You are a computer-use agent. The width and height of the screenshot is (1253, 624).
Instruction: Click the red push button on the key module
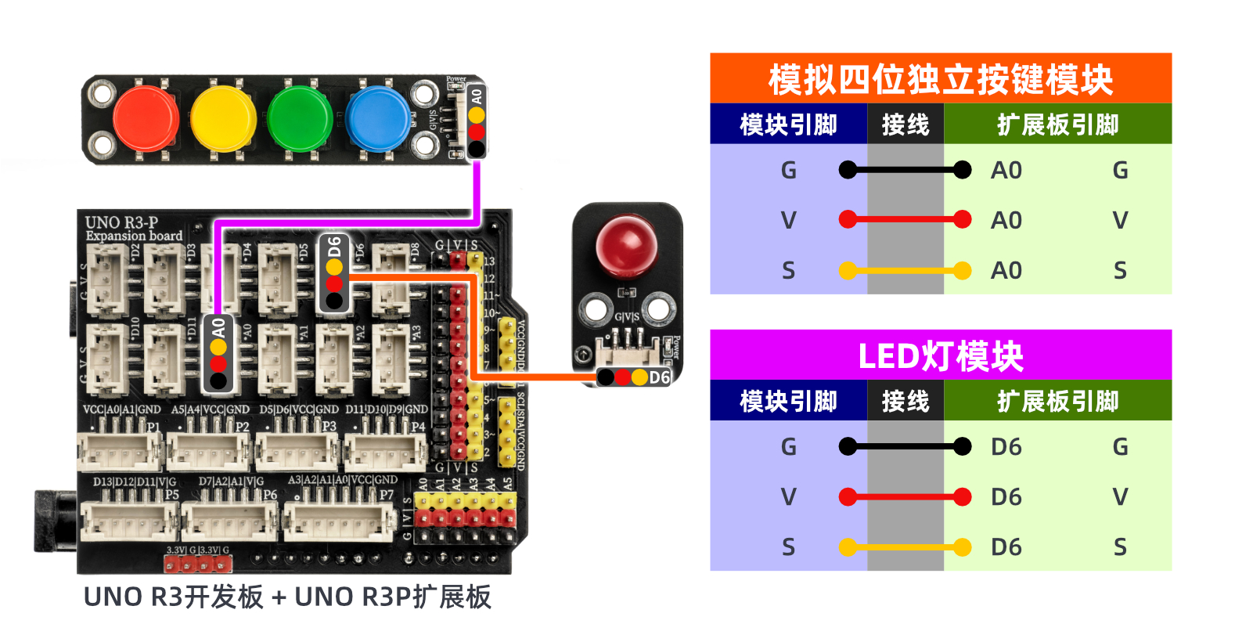[x=146, y=119]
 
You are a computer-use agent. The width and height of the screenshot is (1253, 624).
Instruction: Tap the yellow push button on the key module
[x=223, y=119]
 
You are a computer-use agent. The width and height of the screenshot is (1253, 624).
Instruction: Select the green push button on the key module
[x=300, y=119]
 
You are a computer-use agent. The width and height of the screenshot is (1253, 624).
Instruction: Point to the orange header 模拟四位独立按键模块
[x=940, y=79]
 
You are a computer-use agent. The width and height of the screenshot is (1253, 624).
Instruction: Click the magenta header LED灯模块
[x=940, y=356]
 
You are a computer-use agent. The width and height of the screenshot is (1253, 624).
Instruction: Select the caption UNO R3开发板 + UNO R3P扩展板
[x=287, y=597]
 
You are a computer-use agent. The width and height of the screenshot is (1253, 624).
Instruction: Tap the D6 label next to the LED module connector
[x=659, y=377]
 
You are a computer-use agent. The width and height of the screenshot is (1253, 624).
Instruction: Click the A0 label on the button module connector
[x=476, y=96]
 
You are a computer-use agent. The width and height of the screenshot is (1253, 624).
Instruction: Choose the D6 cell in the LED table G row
[x=1006, y=447]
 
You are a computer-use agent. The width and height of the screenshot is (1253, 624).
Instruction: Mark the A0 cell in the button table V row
[x=1006, y=221]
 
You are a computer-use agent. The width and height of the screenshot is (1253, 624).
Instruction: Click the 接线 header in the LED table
[x=905, y=402]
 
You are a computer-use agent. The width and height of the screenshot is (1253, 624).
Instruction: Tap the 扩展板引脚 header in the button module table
[x=1057, y=124]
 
